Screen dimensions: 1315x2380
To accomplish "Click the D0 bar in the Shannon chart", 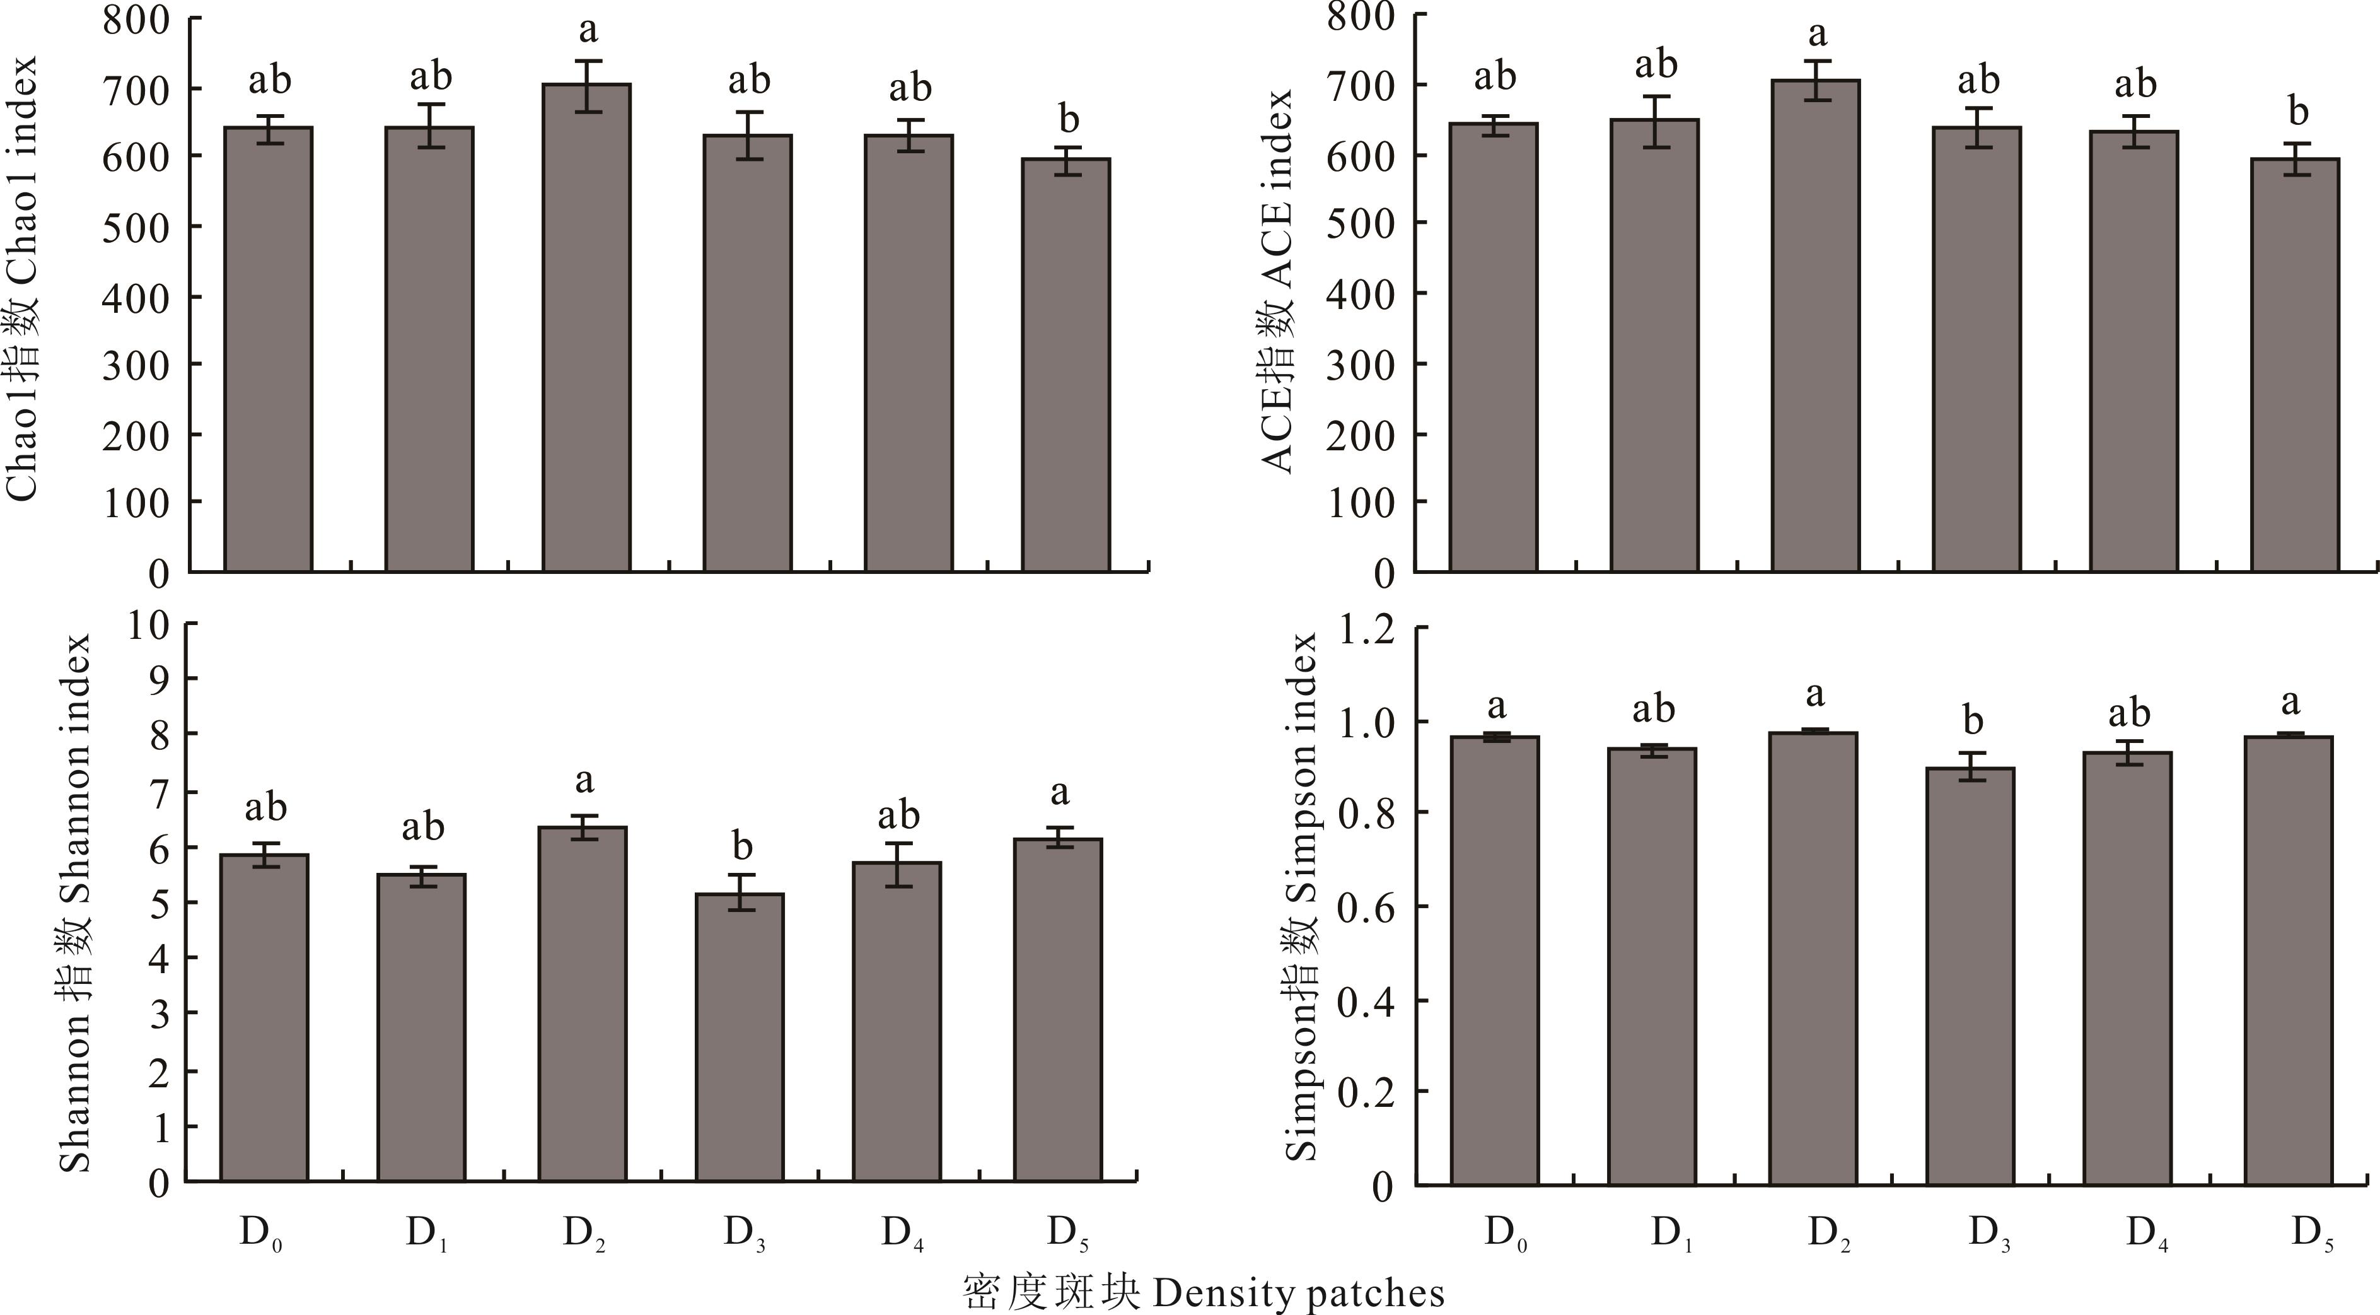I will coord(264,1017).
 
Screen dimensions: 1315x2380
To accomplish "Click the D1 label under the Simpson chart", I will coord(1671,1233).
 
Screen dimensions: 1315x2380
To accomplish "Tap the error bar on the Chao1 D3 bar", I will coord(748,136).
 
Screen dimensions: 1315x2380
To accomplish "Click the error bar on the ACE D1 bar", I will coord(1656,121).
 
